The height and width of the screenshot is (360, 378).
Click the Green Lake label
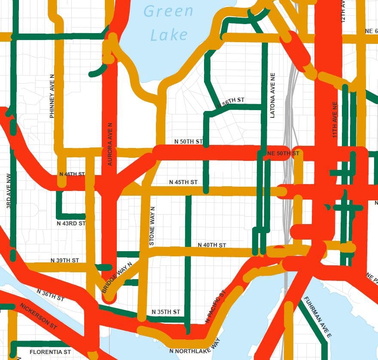coord(168,22)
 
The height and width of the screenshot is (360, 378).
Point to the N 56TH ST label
coord(231,102)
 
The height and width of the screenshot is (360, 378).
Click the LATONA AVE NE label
coord(272,95)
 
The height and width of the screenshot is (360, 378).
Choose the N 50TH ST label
coord(188,142)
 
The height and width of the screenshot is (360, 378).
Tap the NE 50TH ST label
coord(283,154)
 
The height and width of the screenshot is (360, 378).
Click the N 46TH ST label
coord(70,174)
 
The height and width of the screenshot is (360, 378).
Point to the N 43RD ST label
coord(71,224)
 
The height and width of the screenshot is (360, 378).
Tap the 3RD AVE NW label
coord(9,191)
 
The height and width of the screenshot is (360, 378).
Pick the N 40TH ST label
coord(212,245)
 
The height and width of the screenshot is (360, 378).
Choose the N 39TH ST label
coord(65,260)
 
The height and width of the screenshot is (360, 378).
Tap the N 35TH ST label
coord(166,311)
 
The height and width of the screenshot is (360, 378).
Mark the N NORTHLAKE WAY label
coord(195,347)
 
